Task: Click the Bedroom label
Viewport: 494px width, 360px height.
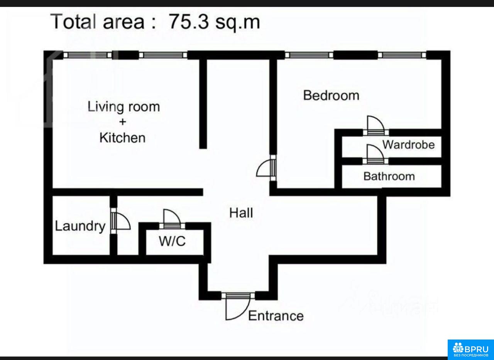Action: (331, 95)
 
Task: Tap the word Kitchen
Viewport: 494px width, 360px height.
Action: (122, 138)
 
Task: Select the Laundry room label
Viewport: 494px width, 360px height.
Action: (80, 226)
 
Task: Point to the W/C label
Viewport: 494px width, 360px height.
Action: (173, 241)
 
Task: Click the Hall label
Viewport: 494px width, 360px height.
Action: (241, 213)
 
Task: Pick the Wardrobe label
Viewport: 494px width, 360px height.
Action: (408, 145)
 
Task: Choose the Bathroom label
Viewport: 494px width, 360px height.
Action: (389, 177)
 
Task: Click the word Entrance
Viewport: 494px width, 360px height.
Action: (276, 316)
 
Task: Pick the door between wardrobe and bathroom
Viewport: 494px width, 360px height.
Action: (376, 155)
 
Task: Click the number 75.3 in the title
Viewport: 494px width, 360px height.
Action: (188, 22)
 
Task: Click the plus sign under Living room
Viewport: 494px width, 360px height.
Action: (123, 122)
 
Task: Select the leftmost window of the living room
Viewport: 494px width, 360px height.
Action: (88, 55)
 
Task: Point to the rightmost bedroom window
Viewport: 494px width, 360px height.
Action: (402, 55)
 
